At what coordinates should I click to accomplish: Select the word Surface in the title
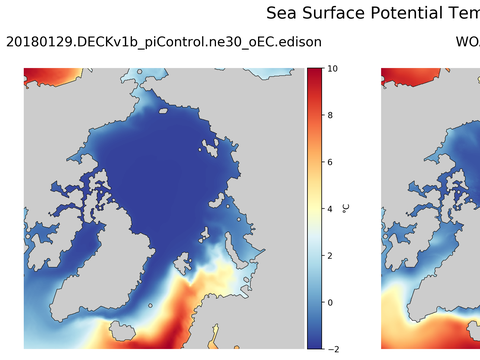pos(337,13)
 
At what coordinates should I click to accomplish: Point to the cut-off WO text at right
pos(467,42)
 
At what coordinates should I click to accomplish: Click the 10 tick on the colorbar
pos(332,69)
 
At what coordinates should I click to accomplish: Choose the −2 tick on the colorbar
pos(332,347)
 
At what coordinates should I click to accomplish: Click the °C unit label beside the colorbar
pos(346,208)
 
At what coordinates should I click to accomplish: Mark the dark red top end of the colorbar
pos(314,72)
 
